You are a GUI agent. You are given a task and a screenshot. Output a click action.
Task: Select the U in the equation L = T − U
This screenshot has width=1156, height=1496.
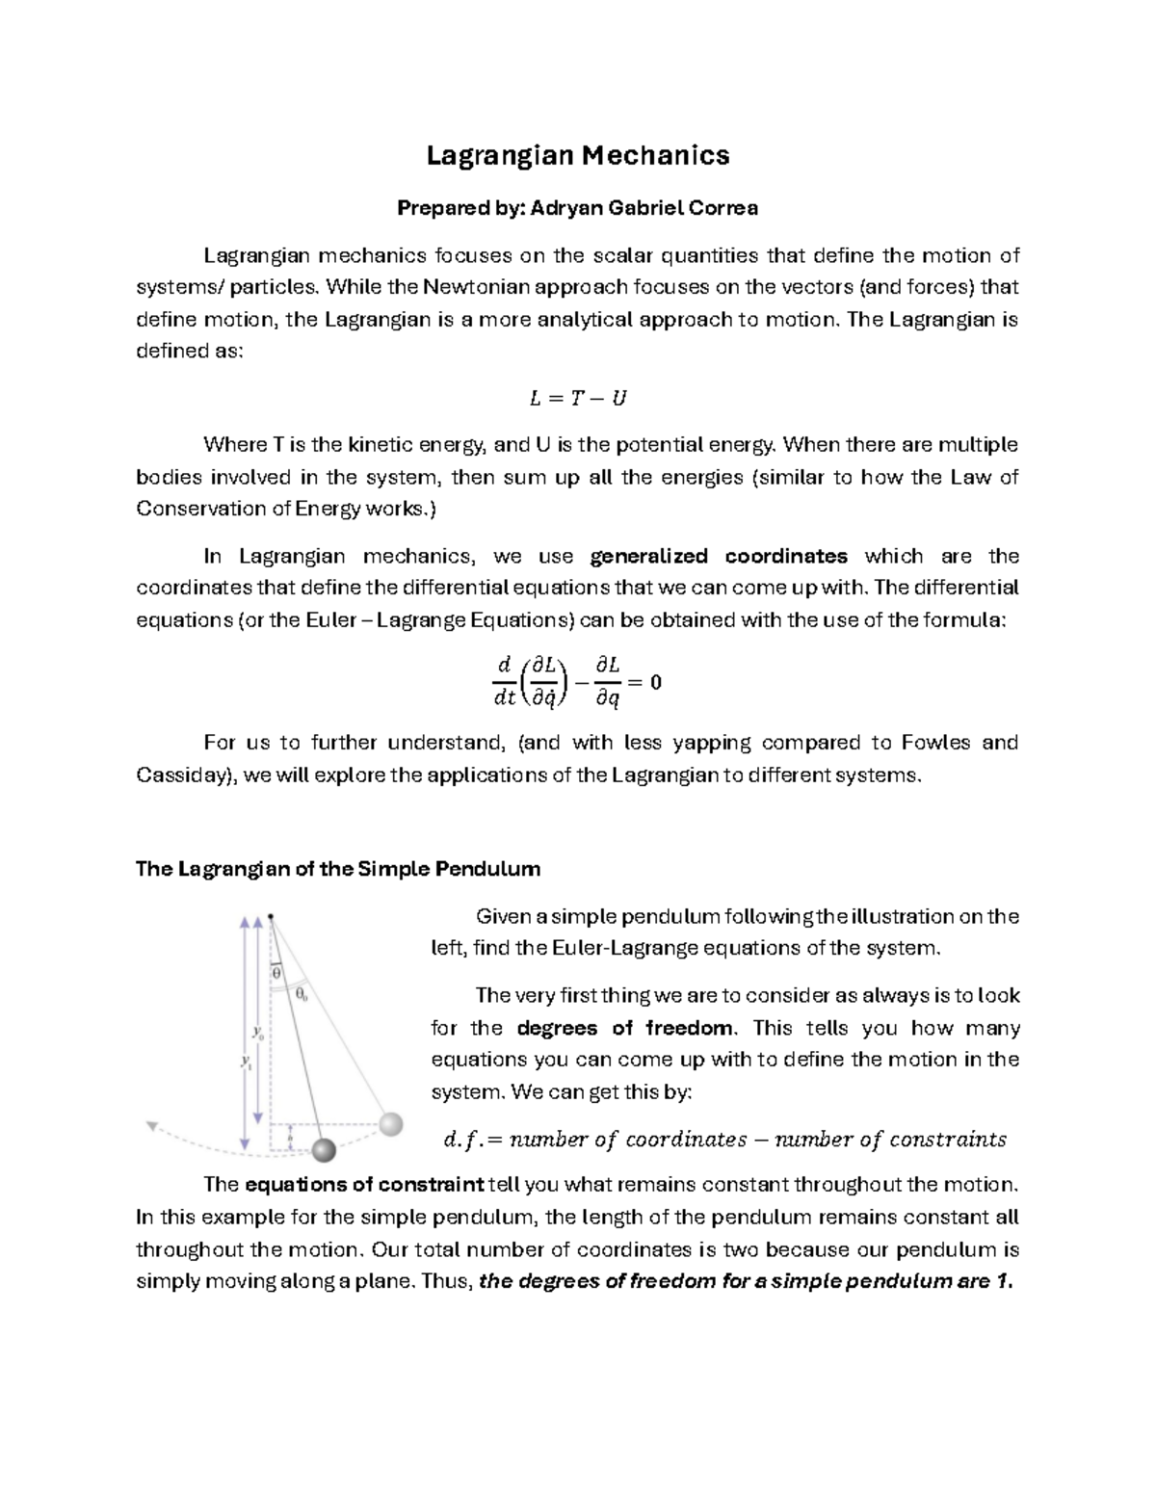618,398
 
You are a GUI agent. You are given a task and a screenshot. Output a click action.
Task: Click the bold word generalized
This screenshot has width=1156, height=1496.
648,556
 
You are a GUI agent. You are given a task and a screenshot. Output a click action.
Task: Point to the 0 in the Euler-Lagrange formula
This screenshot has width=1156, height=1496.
656,682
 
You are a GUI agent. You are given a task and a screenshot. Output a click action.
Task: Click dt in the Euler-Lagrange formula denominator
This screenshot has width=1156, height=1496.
505,699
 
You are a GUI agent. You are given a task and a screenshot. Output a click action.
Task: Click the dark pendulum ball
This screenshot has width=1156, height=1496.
323,1149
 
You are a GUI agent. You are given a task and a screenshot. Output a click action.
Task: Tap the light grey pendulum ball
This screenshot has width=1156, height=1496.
390,1123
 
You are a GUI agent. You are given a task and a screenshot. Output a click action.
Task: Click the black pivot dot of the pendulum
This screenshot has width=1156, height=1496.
271,916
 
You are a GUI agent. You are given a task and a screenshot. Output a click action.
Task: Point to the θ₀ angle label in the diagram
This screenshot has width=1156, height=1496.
302,993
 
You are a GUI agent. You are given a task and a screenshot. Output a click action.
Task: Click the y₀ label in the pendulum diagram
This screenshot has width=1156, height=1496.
258,1032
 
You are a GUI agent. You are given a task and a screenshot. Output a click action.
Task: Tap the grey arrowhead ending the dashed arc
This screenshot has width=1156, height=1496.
151,1124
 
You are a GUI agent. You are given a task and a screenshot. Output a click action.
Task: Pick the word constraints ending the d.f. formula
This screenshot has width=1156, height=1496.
948,1141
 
